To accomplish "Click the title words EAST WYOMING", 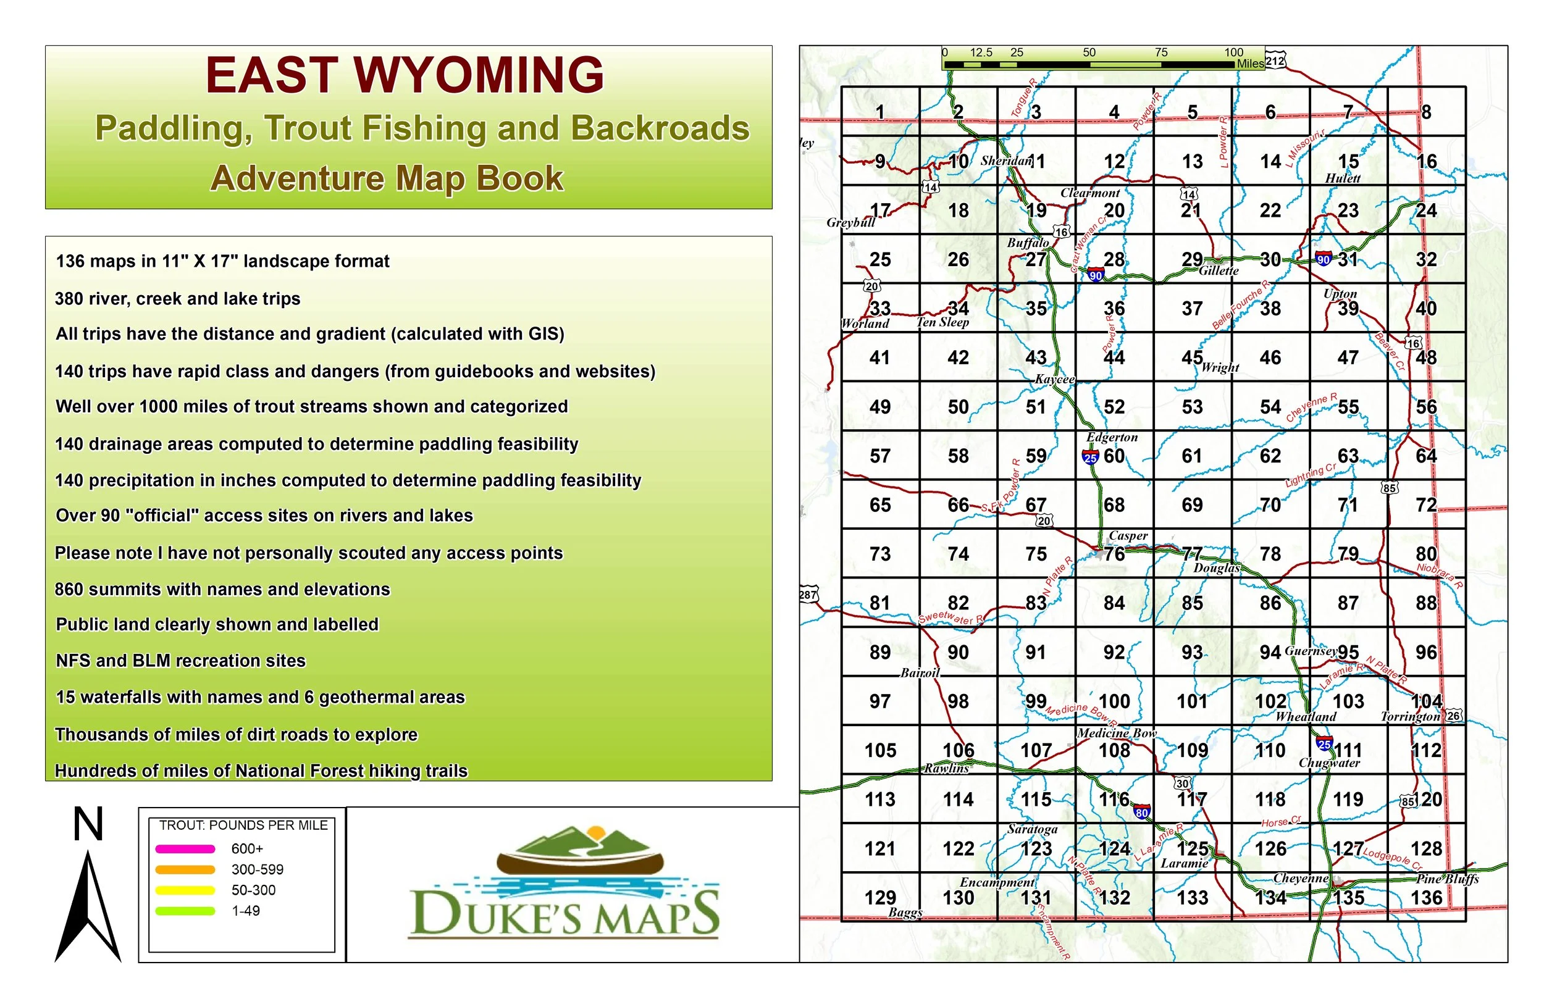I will [405, 75].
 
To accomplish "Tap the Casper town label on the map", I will [1128, 536].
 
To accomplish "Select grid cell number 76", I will [1115, 554].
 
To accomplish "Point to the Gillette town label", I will [1219, 271].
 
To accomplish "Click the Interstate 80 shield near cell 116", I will [1142, 811].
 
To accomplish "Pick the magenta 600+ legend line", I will [185, 848].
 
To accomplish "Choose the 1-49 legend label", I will [245, 911].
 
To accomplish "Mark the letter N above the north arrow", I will [88, 824].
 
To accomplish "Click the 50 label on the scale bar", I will [1089, 52].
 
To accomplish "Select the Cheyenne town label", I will [1301, 879].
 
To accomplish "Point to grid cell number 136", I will [1427, 898].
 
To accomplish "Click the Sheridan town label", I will [1005, 161].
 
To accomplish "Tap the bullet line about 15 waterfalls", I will [260, 697].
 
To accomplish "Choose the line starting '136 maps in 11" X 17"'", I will [222, 261].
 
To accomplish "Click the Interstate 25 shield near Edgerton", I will [1091, 458].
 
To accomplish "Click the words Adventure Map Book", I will [387, 178].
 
